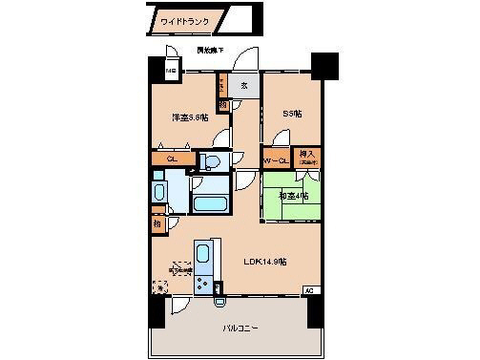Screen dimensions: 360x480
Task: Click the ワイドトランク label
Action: click(185, 20)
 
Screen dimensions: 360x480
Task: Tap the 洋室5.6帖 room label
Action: click(190, 117)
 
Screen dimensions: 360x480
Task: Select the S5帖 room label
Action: click(291, 114)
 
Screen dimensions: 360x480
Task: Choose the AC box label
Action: click(308, 288)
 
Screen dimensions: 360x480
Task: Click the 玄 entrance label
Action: click(243, 85)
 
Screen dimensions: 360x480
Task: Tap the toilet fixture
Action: click(212, 162)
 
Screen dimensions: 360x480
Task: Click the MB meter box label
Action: click(171, 72)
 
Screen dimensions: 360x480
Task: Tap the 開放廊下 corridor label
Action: click(210, 50)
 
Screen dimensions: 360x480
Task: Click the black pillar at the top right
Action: click(327, 65)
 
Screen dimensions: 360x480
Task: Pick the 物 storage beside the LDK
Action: click(157, 225)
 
